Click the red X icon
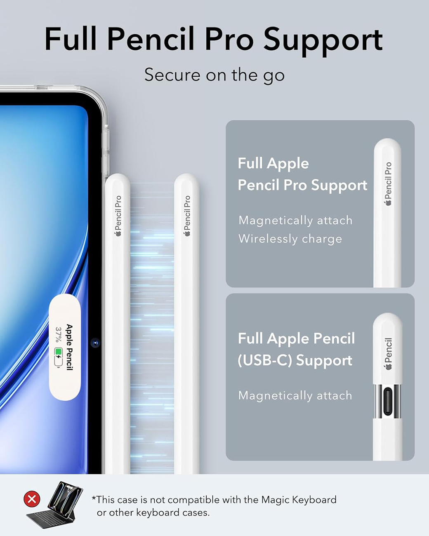click(x=32, y=499)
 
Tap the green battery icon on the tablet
click(x=58, y=357)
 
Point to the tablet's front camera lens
click(x=95, y=343)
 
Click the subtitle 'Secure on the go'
click(x=214, y=75)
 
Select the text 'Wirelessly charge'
click(x=290, y=239)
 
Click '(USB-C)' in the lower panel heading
click(x=264, y=360)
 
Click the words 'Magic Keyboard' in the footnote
click(x=299, y=500)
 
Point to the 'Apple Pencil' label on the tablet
click(x=69, y=347)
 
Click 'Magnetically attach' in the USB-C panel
click(x=295, y=395)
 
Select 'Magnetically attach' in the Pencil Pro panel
click(x=295, y=220)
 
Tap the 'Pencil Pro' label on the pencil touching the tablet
click(x=118, y=213)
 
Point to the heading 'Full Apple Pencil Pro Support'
click(x=302, y=174)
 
